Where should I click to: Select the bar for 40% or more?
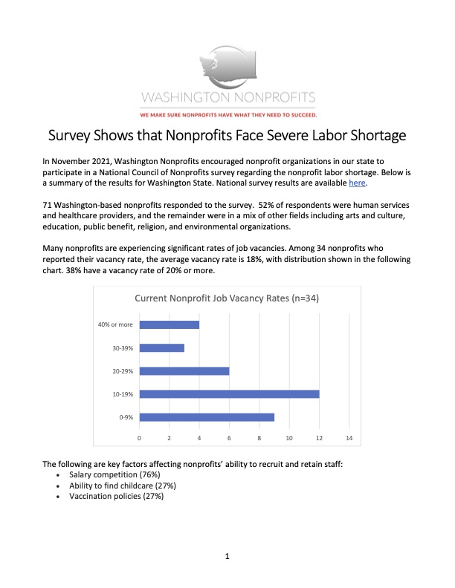click(170, 324)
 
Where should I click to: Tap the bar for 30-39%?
click(162, 347)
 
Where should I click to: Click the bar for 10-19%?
click(229, 393)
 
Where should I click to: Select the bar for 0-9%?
click(207, 416)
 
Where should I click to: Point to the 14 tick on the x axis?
click(349, 438)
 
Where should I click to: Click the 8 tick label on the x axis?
click(259, 438)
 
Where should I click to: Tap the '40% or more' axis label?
click(114, 324)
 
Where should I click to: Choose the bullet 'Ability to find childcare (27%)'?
click(123, 486)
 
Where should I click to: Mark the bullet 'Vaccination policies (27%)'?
click(116, 497)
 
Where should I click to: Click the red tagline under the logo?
click(227, 115)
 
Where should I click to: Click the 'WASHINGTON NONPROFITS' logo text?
click(227, 97)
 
